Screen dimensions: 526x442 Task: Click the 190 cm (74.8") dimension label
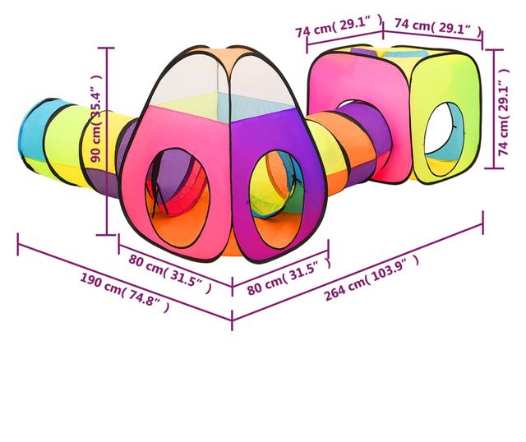[124, 292]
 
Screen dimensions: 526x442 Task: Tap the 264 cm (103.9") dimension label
[371, 277]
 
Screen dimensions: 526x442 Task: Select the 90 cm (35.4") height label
[96, 118]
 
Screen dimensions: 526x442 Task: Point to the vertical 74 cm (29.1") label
[504, 113]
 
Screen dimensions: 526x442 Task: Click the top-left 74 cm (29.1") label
[339, 26]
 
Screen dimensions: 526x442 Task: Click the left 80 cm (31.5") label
[170, 273]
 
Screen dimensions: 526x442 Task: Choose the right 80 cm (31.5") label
[288, 276]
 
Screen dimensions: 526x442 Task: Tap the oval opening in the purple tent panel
[277, 199]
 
